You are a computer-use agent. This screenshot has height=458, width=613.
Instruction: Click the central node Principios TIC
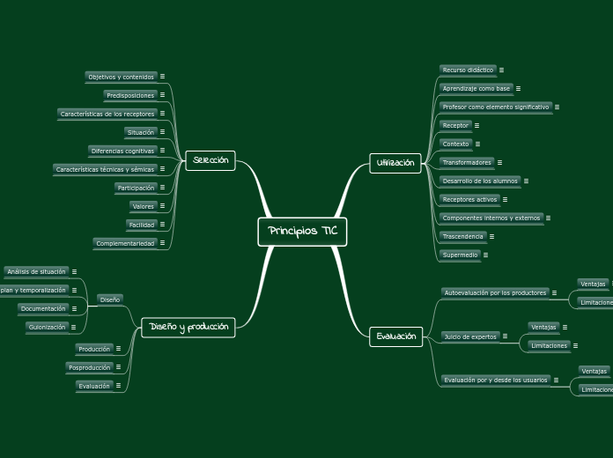[x=302, y=232]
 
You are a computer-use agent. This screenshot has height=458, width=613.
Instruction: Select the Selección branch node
[x=210, y=160]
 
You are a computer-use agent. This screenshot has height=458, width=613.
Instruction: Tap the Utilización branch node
[x=395, y=163]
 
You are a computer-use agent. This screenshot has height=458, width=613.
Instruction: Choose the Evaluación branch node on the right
[x=396, y=336]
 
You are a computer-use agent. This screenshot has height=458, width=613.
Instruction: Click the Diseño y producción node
[x=188, y=328]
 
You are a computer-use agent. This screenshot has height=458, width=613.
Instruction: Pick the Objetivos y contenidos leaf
[x=121, y=77]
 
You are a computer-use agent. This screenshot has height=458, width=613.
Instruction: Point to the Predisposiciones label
[x=129, y=95]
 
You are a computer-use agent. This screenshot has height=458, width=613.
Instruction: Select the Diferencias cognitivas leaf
[x=122, y=151]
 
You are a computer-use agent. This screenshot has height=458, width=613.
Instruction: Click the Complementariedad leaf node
[x=125, y=243]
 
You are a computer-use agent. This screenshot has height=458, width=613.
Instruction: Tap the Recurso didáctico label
[x=468, y=70]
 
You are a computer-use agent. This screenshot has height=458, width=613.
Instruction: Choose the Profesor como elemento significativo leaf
[x=496, y=107]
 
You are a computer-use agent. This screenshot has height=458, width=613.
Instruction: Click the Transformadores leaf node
[x=467, y=162]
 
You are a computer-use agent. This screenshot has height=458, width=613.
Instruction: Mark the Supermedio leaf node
[x=460, y=255]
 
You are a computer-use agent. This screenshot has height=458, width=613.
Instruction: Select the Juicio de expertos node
[x=470, y=336]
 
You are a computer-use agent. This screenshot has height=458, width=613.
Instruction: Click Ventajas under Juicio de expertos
[x=544, y=327]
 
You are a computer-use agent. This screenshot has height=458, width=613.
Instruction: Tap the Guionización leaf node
[x=46, y=327]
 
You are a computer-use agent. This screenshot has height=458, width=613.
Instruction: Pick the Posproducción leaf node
[x=90, y=367]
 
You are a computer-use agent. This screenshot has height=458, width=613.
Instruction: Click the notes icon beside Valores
[x=163, y=206]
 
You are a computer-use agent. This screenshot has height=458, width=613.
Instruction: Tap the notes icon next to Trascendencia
[x=491, y=236]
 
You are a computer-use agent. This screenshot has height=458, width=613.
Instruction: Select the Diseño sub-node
[x=110, y=299]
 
